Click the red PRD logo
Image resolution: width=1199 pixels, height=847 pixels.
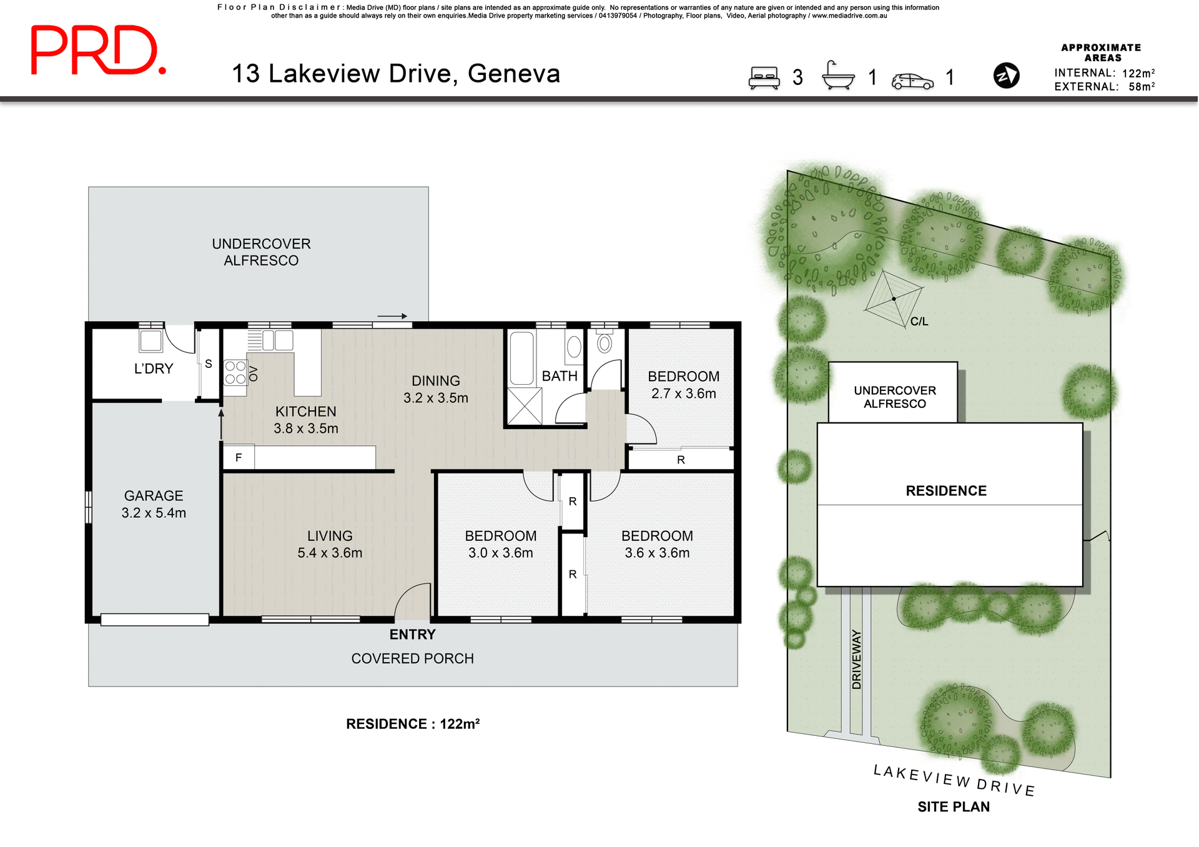coord(98,51)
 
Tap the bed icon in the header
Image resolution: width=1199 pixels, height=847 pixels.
coord(764,77)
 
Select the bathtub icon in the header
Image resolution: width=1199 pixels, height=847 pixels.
coord(838,76)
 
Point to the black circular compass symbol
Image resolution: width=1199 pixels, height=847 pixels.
coord(1006,76)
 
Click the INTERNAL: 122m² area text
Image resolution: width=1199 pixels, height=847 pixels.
coord(1104,73)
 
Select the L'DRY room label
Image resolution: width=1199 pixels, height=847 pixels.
coord(153,369)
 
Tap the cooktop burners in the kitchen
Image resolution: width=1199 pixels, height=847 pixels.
coord(235,373)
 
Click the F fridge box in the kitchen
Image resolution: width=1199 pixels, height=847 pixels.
coord(239,457)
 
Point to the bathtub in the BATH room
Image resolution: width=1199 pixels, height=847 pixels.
coord(521,358)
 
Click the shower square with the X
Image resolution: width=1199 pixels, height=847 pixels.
coord(524,406)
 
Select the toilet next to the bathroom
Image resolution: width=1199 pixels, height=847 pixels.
coord(604,344)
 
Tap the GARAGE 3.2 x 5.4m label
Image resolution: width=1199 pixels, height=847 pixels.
coord(154,504)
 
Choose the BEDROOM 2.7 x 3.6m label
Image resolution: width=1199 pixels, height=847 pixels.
coord(683,385)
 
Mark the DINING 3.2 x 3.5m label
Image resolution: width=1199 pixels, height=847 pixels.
coord(435,389)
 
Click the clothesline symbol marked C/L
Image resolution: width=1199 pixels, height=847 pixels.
coord(894,299)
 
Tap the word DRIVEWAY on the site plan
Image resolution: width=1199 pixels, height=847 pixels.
coord(856,659)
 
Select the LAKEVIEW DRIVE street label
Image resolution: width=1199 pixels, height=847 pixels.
coord(954,781)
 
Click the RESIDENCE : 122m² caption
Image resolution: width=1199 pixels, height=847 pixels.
coord(412,724)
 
